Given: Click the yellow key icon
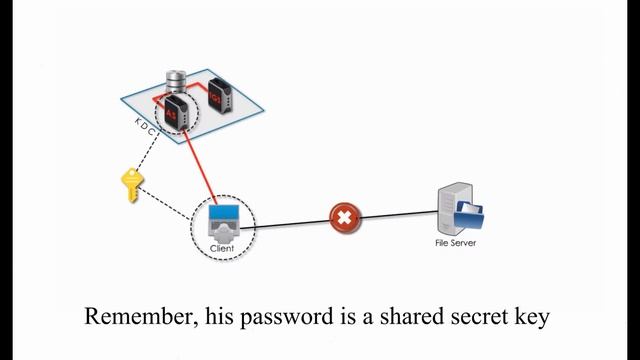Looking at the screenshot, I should (132, 186).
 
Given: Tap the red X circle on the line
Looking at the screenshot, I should (345, 216).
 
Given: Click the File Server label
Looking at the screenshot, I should (455, 240).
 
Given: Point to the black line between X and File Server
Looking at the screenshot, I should (400, 213).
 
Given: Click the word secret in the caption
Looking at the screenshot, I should (471, 317).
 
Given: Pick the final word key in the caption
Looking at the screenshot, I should (531, 318).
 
